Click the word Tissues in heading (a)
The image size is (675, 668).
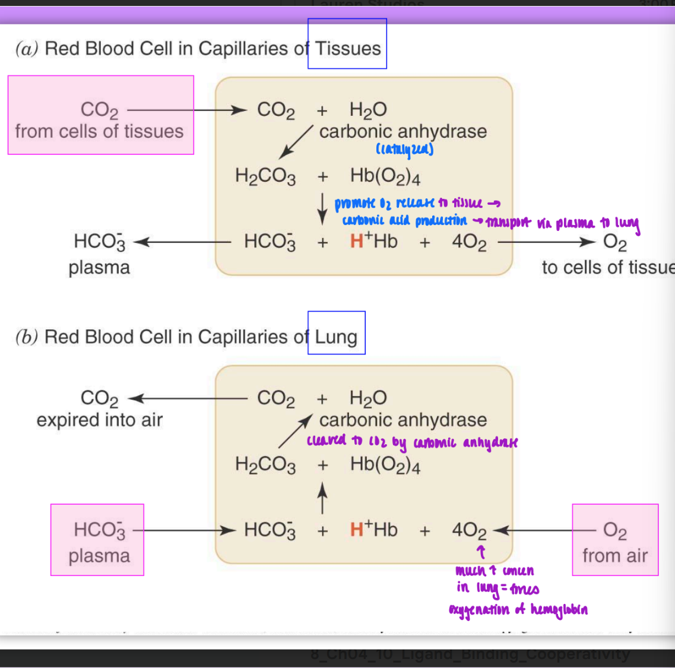(x=348, y=48)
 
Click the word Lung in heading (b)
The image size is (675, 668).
(x=336, y=337)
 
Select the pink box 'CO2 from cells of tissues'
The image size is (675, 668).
(x=100, y=115)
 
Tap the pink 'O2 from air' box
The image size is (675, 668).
(x=615, y=540)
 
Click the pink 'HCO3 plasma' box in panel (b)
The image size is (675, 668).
(x=97, y=540)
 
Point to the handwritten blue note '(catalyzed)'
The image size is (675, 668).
(x=404, y=150)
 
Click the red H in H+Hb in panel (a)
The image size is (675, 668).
(x=356, y=242)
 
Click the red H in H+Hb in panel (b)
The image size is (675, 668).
(x=356, y=530)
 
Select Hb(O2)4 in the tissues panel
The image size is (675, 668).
(x=385, y=176)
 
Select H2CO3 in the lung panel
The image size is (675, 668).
(x=265, y=464)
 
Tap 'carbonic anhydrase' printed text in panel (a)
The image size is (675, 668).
(x=403, y=131)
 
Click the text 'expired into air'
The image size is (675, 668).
(x=99, y=420)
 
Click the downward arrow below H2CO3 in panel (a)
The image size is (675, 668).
(x=322, y=209)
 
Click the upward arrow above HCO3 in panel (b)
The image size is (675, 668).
(x=322, y=498)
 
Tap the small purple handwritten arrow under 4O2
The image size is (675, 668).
(x=481, y=552)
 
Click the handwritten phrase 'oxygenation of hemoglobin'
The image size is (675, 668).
(x=518, y=610)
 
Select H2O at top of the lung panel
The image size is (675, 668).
(x=368, y=398)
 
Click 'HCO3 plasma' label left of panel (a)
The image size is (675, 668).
(x=99, y=254)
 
